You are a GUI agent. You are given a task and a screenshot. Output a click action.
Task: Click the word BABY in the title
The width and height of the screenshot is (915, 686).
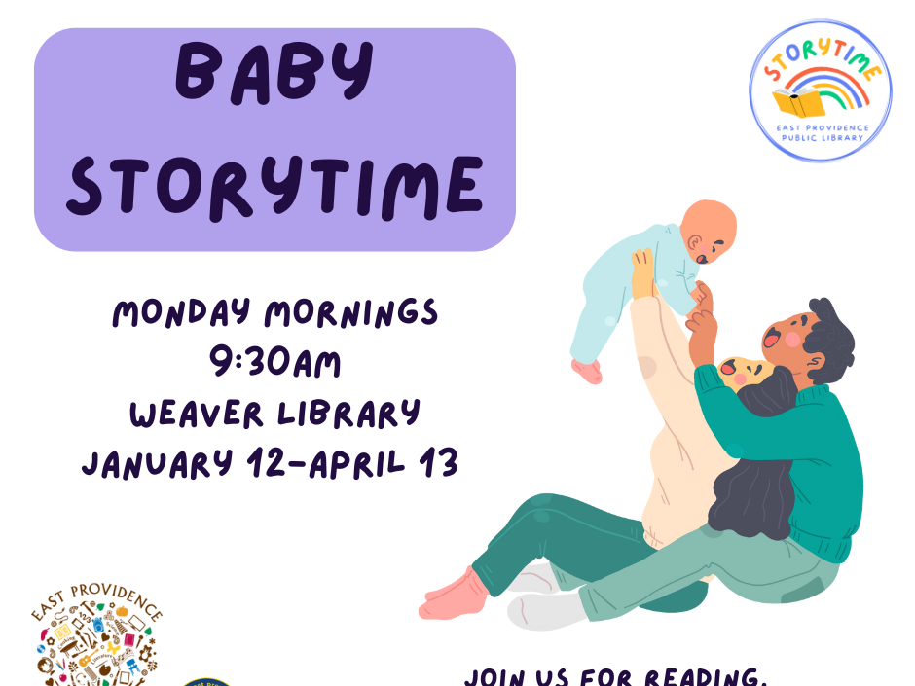pyautogui.click(x=274, y=75)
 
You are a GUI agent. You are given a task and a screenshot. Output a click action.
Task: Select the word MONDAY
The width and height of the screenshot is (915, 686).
pyautogui.click(x=182, y=314)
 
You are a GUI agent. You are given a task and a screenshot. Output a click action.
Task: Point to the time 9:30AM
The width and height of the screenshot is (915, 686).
pyautogui.click(x=275, y=364)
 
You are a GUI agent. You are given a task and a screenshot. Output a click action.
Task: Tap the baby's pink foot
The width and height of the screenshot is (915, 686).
pyautogui.click(x=587, y=371)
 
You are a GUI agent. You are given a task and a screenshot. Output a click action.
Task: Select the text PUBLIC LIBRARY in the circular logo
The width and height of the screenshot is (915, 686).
pyautogui.click(x=821, y=137)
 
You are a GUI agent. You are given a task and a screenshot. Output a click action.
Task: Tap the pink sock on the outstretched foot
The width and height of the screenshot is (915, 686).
pyautogui.click(x=453, y=594)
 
